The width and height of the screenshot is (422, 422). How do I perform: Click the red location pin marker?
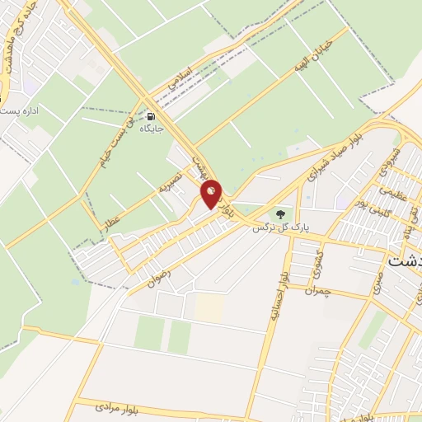(x=212, y=194)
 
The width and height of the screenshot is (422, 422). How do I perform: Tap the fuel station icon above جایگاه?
(x=149, y=116)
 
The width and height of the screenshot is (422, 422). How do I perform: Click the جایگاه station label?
(x=149, y=129)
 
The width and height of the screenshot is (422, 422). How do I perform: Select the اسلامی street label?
(x=178, y=79)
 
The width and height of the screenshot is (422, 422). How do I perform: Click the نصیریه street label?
(x=170, y=183)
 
